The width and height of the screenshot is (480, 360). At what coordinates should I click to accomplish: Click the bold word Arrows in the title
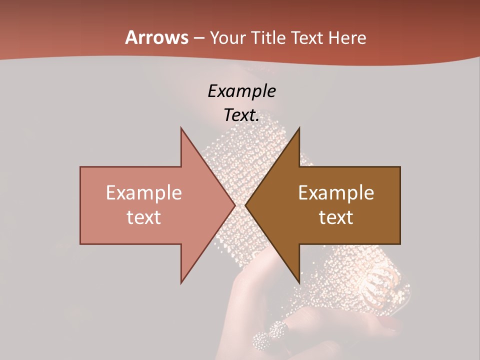coord(156,37)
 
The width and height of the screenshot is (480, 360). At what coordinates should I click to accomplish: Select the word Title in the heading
coord(268,38)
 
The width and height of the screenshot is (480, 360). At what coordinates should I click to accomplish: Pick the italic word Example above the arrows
coord(242,91)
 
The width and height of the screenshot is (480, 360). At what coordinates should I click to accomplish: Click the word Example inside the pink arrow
coord(144,193)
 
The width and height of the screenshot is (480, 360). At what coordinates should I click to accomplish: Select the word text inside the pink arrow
coord(144,217)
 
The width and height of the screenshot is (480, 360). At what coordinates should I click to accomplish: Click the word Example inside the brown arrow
coord(336,193)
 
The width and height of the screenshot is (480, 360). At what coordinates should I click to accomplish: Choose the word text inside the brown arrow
coord(336,217)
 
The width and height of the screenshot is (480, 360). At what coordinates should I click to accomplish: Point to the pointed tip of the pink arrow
coord(235,205)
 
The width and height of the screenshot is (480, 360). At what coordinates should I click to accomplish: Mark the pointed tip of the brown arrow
coord(245,205)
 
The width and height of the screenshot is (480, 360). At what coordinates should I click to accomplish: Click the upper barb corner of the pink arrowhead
coord(181,128)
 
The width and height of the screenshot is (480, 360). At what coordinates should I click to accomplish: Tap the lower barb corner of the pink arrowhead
coord(181,283)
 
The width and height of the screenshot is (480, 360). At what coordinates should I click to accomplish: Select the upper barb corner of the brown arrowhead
coord(299,128)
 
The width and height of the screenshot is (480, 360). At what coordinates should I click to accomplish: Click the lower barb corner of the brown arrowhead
coord(299,283)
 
